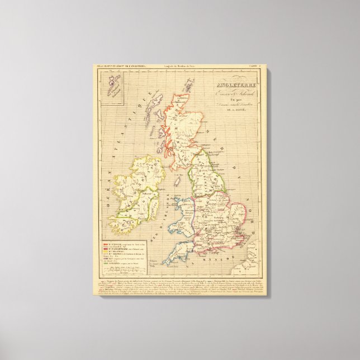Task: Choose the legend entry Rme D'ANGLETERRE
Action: [x=126, y=250]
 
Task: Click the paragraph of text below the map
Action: [x=179, y=285]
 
